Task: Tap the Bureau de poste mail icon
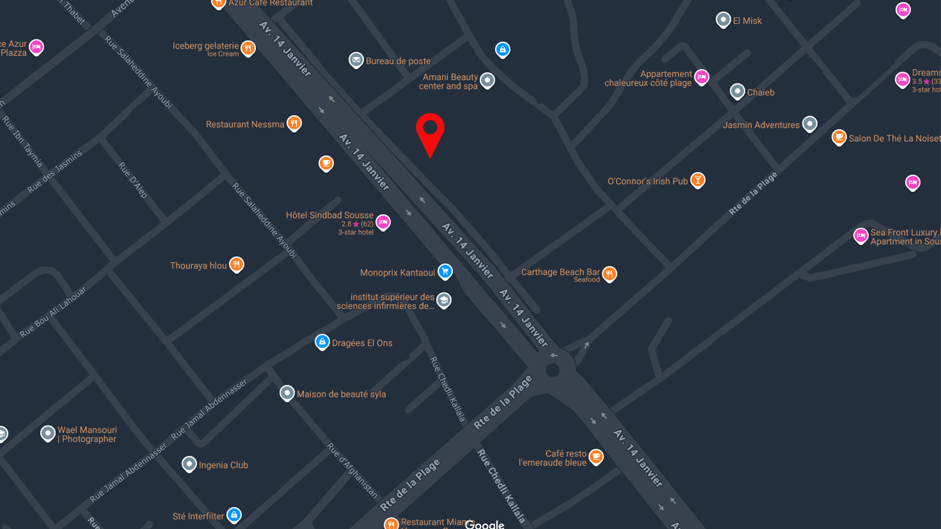pos(356,59)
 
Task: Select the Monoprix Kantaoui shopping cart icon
pos(445,271)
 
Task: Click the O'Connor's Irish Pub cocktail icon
pos(698,179)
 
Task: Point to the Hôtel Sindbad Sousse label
pos(329,215)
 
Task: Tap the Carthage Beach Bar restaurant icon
pos(609,273)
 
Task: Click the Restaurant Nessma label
pos(245,125)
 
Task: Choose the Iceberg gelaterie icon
pos(248,48)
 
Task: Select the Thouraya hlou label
pos(198,266)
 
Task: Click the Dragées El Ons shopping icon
pos(322,341)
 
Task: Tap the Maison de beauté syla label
pos(341,394)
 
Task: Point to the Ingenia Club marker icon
pos(189,464)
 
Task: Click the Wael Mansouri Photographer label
pos(87,434)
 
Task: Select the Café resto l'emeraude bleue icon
pos(596,456)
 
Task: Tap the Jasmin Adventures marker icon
pos(810,123)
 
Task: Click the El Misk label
pos(747,21)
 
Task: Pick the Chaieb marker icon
pos(738,91)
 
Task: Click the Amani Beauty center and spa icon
pos(488,80)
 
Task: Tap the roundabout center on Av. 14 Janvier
pos(552,370)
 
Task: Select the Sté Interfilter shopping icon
pos(234,515)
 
